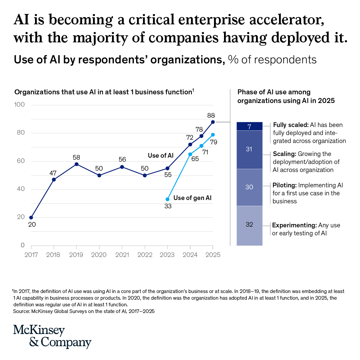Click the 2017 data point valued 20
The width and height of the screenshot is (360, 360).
pyautogui.click(x=31, y=217)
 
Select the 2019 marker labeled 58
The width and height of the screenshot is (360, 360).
pyautogui.click(x=77, y=164)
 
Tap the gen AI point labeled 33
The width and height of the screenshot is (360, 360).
pyautogui.click(x=167, y=199)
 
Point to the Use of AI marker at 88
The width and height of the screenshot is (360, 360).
pyautogui.click(x=213, y=122)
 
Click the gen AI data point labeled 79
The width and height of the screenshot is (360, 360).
pyautogui.click(x=213, y=135)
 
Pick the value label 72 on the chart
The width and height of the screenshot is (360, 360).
pyautogui.click(x=190, y=137)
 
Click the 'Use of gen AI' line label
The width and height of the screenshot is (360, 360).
pyautogui.click(x=192, y=198)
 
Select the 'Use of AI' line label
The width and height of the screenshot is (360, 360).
pyautogui.click(x=161, y=156)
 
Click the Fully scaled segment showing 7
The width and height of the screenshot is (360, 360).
pyautogui.click(x=249, y=126)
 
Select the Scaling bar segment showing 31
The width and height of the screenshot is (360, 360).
pyautogui.click(x=249, y=149)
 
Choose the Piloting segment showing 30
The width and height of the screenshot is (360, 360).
pyautogui.click(x=249, y=187)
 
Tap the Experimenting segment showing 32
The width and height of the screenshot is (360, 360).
pyautogui.click(x=249, y=225)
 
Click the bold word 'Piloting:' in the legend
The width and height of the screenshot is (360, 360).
pyautogui.click(x=284, y=185)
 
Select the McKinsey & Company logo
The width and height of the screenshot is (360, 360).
pyautogui.click(x=52, y=336)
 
